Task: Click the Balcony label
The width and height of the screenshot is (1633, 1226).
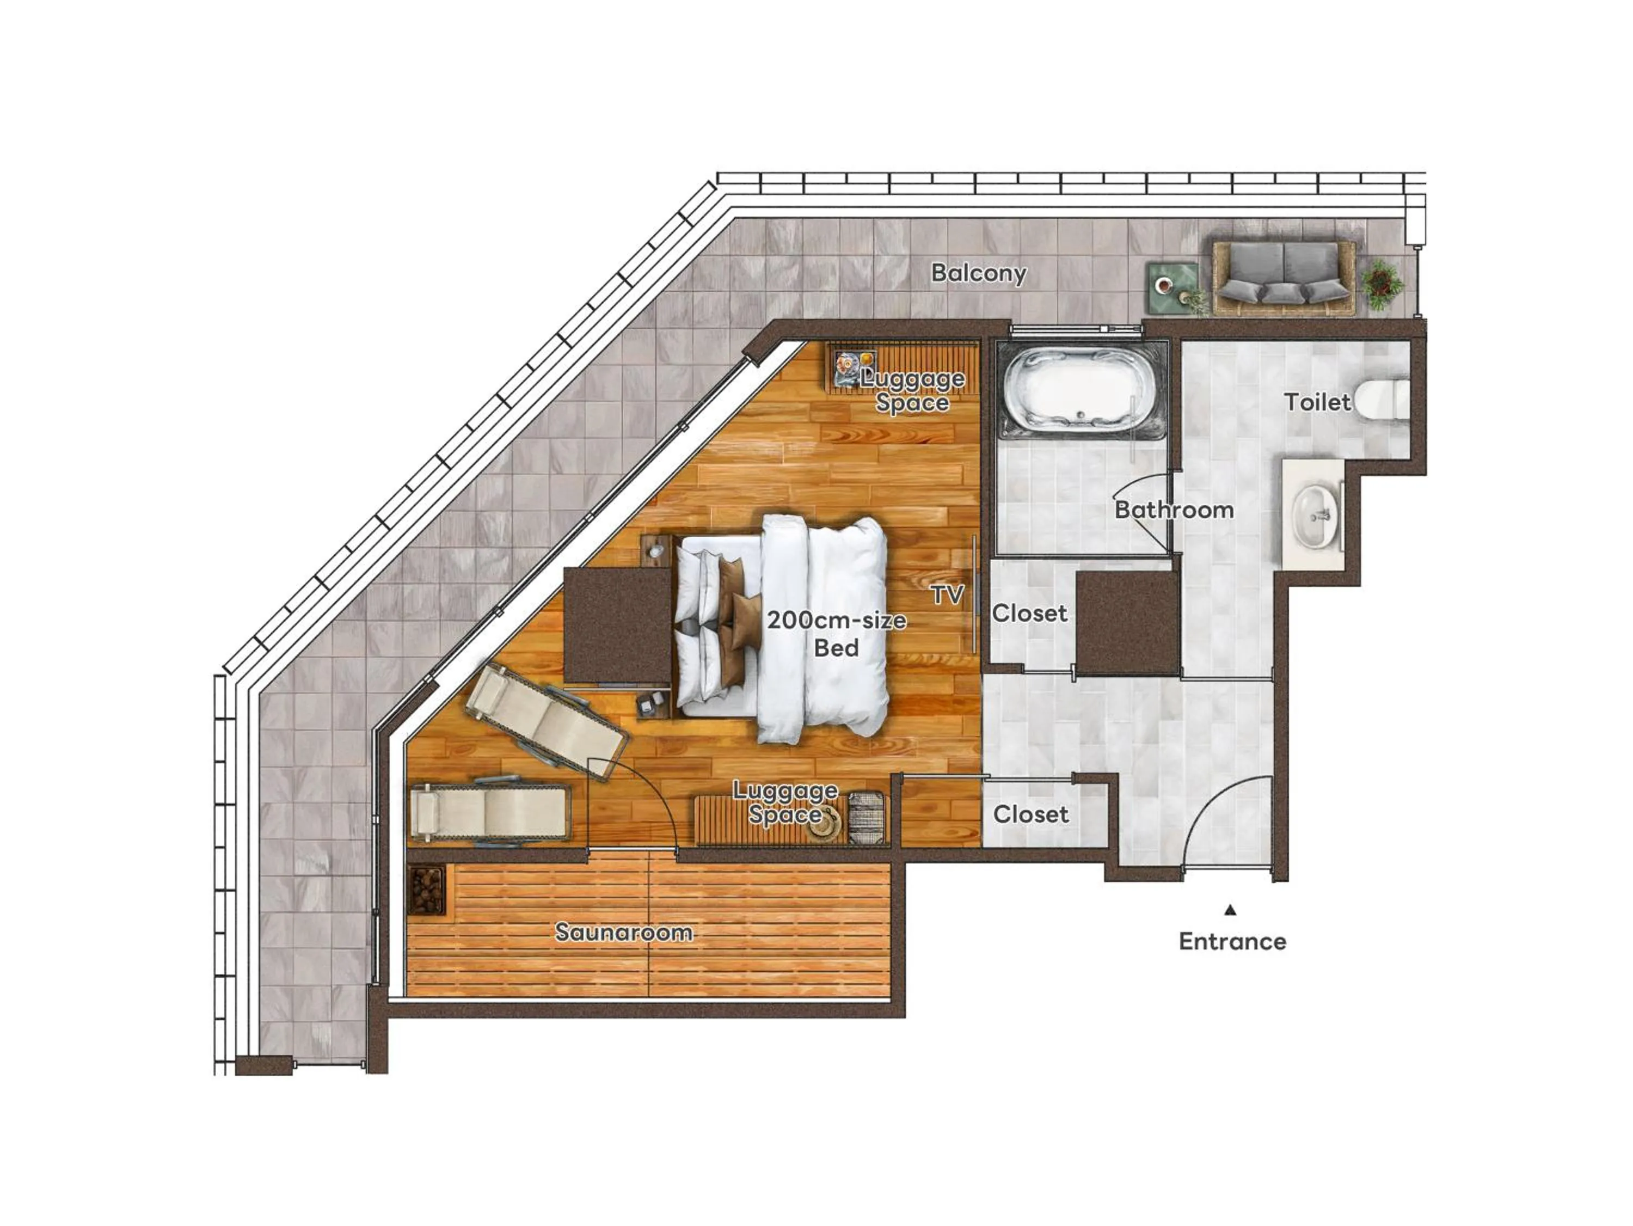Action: pos(978,273)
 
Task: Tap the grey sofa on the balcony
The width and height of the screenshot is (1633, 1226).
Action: pos(1283,278)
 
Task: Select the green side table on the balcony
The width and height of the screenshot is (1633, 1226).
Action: pos(1172,287)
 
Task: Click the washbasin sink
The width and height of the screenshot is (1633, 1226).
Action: pos(1314,515)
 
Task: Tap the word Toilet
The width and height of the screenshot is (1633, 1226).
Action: pos(1316,402)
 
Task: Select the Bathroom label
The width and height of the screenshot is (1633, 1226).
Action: pos(1173,510)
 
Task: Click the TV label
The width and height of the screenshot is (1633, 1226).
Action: pos(947,594)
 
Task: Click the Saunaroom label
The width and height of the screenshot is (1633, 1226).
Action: pos(624,932)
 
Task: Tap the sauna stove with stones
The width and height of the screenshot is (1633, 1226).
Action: pos(427,890)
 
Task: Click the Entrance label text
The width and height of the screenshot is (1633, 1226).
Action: pos(1231,941)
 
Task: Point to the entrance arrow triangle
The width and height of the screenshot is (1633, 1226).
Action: pos(1230,910)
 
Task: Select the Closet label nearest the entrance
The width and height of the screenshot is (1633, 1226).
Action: pos(1030,814)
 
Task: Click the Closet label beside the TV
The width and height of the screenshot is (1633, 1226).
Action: pos(1029,613)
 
